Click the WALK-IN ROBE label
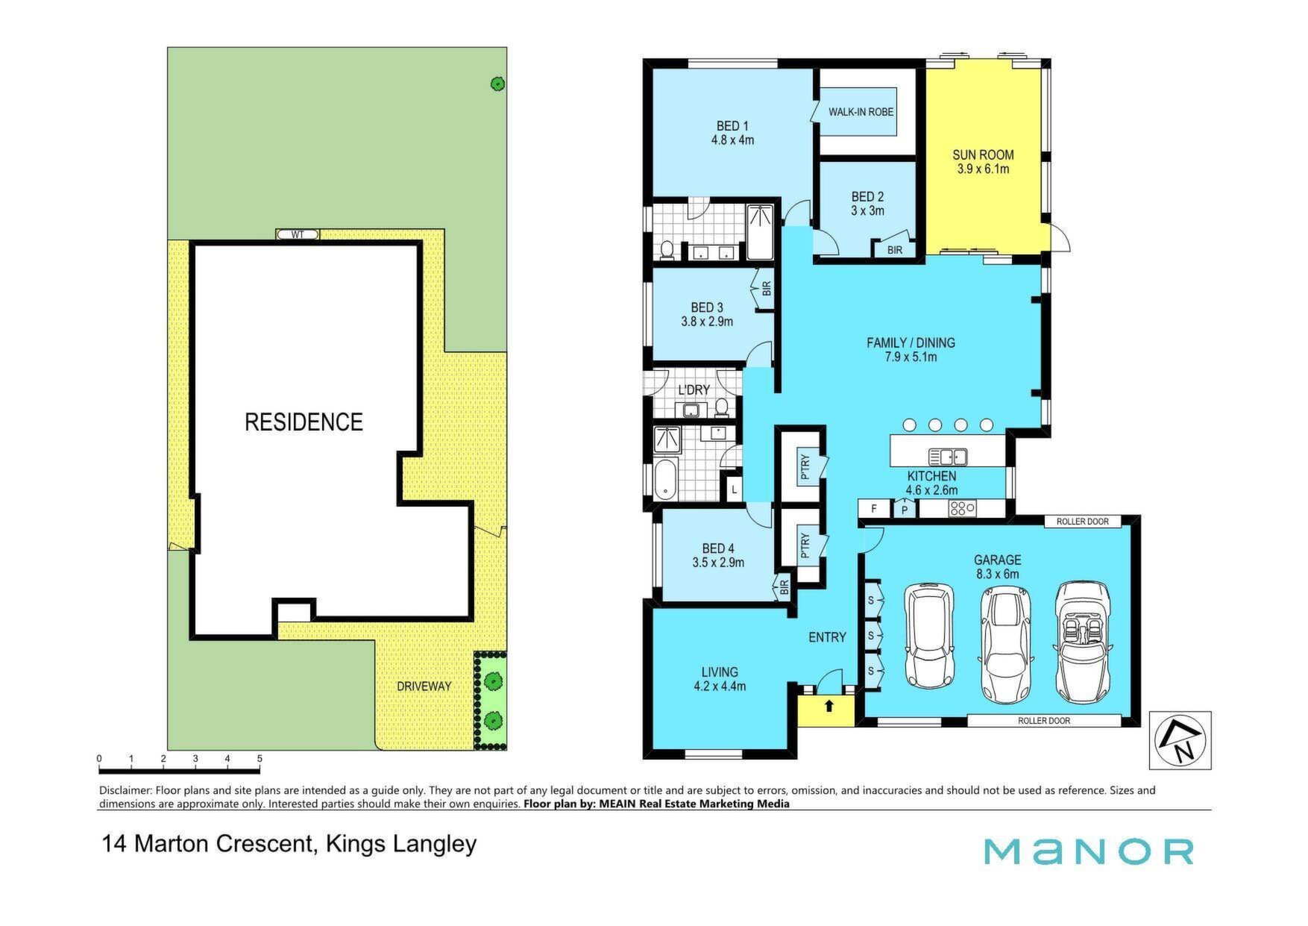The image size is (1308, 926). (861, 112)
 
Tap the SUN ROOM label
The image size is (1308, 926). (983, 155)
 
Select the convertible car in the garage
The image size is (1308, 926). (1082, 642)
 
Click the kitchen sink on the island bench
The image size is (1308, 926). (948, 456)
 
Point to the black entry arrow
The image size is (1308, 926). (828, 705)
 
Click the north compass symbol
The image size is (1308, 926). (1180, 740)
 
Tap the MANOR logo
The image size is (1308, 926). (1088, 851)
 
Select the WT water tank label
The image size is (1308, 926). (298, 234)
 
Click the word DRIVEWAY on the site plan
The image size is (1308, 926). (424, 686)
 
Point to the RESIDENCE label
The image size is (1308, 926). (304, 422)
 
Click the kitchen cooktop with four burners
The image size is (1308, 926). (962, 509)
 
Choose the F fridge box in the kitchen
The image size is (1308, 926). (875, 509)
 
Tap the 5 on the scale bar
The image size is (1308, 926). (260, 759)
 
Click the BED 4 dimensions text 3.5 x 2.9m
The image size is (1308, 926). (718, 563)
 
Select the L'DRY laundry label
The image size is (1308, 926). (694, 390)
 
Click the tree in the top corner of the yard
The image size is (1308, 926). (497, 84)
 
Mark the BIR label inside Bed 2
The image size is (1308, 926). (895, 250)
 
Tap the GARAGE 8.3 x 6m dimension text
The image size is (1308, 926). (997, 574)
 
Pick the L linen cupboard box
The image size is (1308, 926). (735, 489)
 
